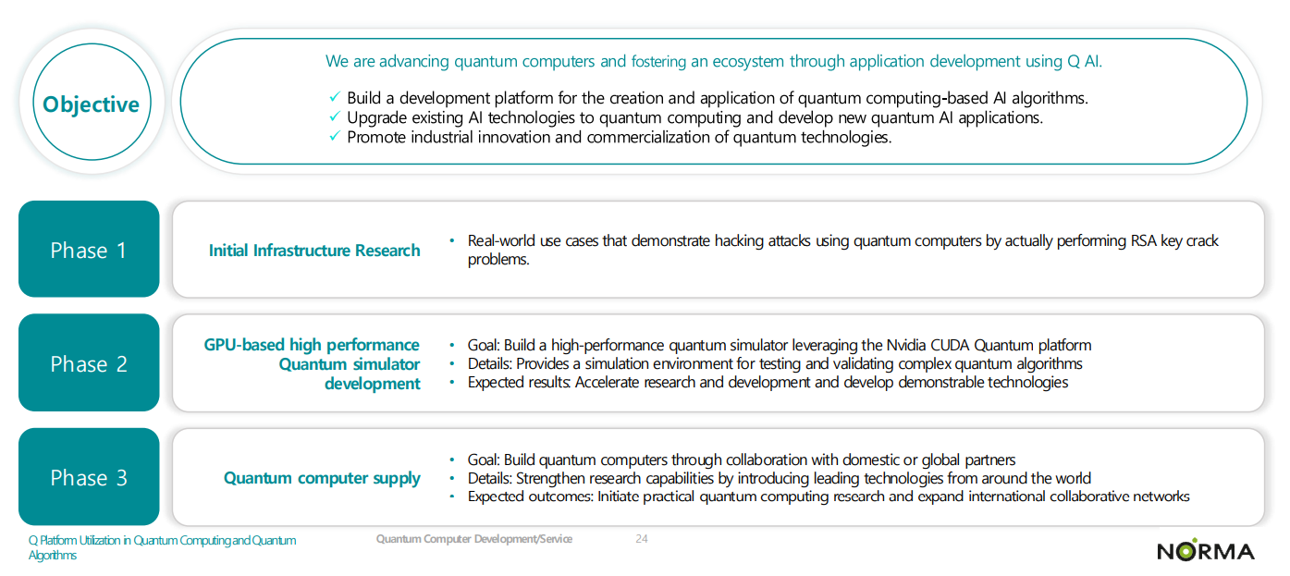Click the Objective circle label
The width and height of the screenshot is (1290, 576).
[91, 104]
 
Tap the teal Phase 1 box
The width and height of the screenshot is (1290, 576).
[89, 250]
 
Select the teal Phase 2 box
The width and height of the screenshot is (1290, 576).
[89, 363]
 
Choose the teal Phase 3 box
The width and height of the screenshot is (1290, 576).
[89, 477]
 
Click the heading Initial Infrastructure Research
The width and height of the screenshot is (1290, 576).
[314, 251]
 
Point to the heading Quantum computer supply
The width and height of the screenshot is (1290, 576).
[322, 478]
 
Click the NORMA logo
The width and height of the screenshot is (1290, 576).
[1205, 551]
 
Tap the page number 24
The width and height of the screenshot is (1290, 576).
[642, 539]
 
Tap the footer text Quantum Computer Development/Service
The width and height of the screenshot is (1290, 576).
[473, 539]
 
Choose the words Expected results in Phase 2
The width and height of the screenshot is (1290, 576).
[519, 383]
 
